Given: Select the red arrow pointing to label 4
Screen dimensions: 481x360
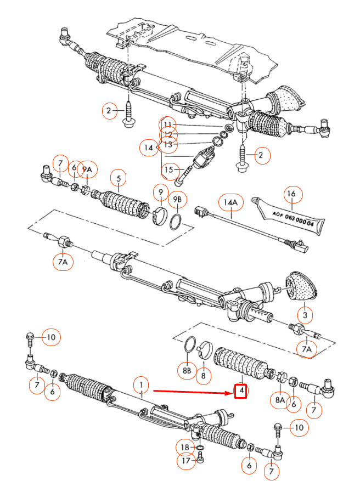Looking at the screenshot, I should [x=193, y=392].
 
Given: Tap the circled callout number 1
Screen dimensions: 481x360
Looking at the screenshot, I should [x=141, y=384].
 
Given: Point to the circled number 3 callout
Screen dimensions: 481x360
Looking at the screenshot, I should [x=305, y=315].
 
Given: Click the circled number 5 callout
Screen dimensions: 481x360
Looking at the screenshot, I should [x=118, y=178].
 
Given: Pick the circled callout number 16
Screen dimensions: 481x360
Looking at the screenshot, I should [x=292, y=194].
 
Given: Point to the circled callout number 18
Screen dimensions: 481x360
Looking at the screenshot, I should [x=185, y=448].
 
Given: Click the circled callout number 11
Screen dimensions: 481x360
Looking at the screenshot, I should [x=167, y=124].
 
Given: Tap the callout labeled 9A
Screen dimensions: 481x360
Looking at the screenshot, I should [x=87, y=169].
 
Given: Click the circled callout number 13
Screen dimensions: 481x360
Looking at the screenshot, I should [x=168, y=144].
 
